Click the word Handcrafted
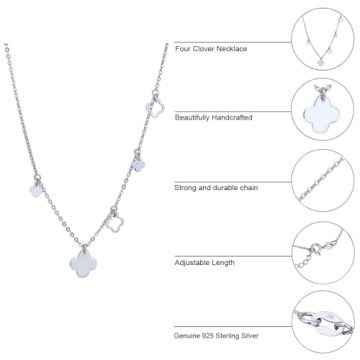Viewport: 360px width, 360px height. click(258, 118)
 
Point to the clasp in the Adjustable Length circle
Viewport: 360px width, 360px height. click(314, 266)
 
